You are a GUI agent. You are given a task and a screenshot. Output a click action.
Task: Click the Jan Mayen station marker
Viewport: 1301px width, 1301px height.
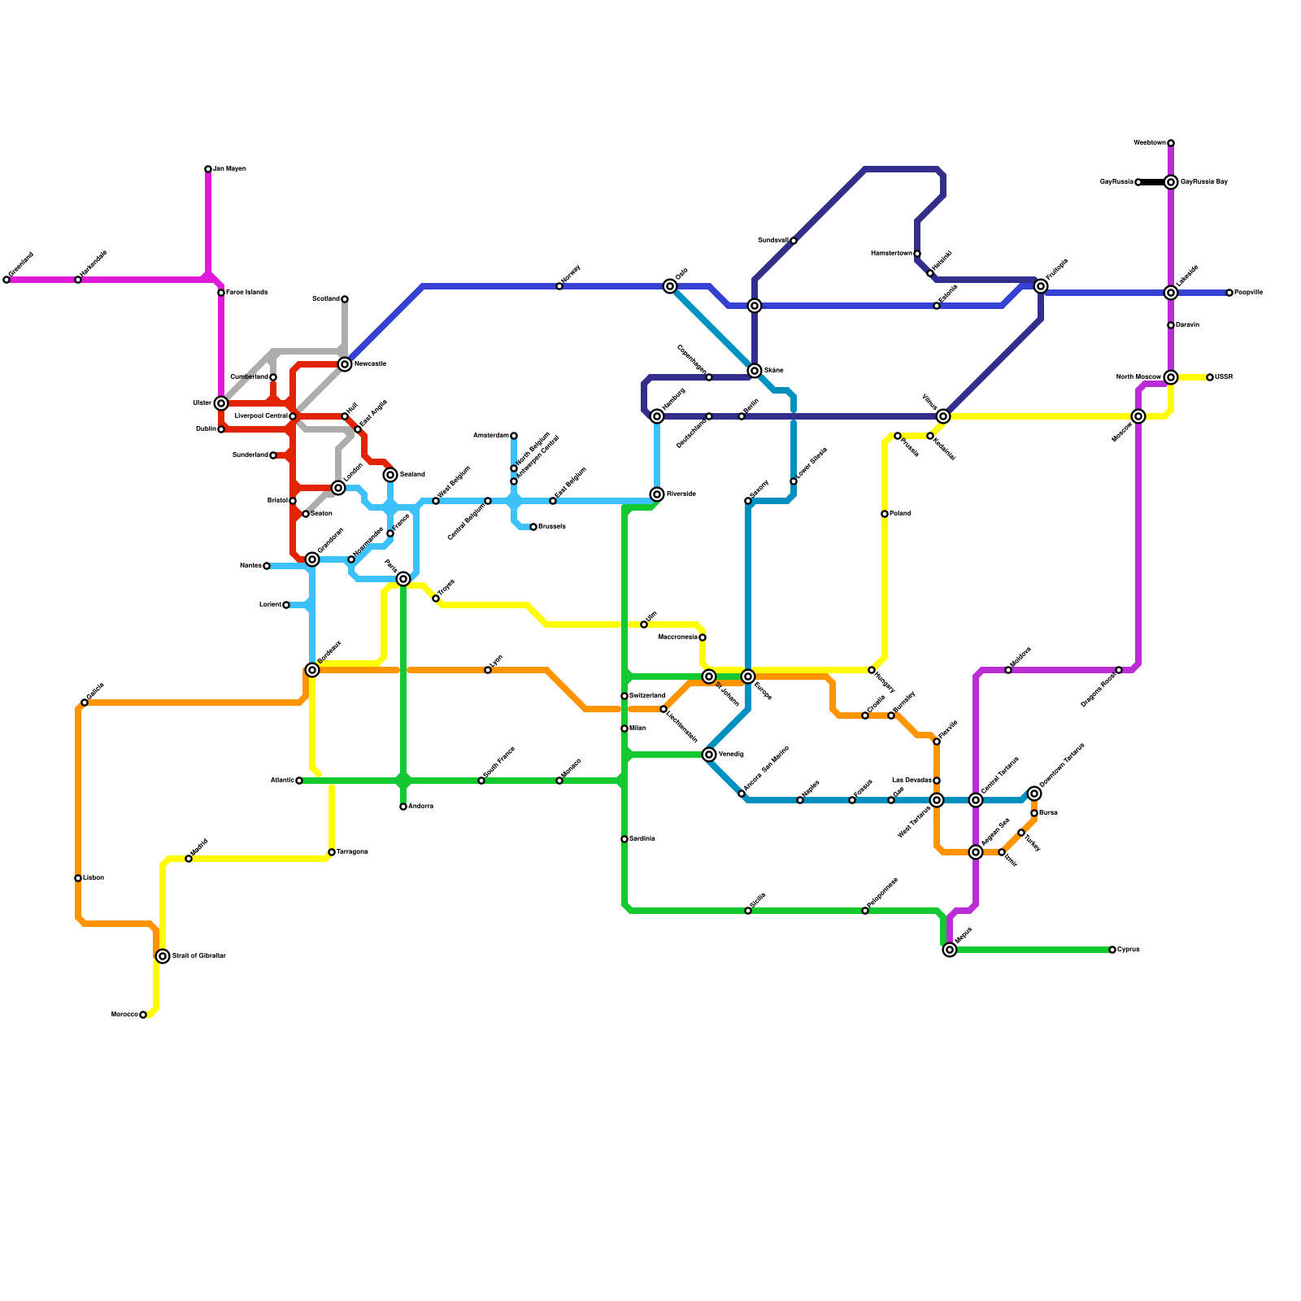208,169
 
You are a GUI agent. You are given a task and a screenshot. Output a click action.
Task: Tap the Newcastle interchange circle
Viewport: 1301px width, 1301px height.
345,364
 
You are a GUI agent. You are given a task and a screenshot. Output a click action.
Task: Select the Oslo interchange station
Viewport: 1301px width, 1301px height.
670,286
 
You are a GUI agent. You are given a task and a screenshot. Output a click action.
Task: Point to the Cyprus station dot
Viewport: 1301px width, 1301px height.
1112,950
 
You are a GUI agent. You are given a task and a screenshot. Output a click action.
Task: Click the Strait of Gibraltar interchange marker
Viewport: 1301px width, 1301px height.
163,956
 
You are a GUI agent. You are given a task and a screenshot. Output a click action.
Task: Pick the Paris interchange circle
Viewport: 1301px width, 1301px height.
403,579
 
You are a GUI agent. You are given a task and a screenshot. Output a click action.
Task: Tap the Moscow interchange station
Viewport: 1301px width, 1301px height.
1138,416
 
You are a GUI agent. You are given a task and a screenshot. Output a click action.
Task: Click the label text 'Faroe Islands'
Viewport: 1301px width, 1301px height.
246,293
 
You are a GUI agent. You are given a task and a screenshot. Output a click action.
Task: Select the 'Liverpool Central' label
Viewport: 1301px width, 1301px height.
260,416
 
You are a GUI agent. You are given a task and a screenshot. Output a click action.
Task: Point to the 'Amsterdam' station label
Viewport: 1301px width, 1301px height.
490,436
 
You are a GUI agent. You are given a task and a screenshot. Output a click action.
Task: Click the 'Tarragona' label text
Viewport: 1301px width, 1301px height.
352,852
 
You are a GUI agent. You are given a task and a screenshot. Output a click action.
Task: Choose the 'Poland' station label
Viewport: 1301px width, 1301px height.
900,514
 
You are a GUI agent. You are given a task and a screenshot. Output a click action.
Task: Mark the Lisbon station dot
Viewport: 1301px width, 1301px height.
78,878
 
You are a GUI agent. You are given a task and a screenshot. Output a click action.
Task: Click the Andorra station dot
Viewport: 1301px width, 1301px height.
403,807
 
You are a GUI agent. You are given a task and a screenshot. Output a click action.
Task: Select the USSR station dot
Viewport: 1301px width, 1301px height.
1210,377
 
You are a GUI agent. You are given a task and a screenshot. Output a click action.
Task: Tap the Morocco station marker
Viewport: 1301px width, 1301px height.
143,1015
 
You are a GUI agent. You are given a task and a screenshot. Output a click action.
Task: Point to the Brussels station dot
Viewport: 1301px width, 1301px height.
533,527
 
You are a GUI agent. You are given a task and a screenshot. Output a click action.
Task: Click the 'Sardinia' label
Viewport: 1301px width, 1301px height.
642,839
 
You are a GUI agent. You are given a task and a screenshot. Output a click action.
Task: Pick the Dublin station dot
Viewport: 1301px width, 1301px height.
221,429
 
